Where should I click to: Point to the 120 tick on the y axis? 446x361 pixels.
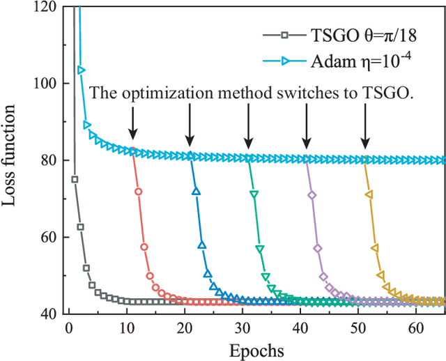[x=49, y=7]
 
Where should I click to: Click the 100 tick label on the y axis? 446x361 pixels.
[x=49, y=84]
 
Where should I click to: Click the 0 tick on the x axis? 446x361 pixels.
[x=68, y=327]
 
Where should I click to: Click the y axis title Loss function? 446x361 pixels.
[x=12, y=160]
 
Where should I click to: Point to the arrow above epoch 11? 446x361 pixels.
[x=132, y=126]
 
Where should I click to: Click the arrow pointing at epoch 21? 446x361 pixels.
[x=190, y=126]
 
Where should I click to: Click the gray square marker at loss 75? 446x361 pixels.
[x=75, y=179]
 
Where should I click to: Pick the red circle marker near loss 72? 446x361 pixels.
[x=138, y=191]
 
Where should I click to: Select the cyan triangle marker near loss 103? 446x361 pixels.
[x=82, y=70]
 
